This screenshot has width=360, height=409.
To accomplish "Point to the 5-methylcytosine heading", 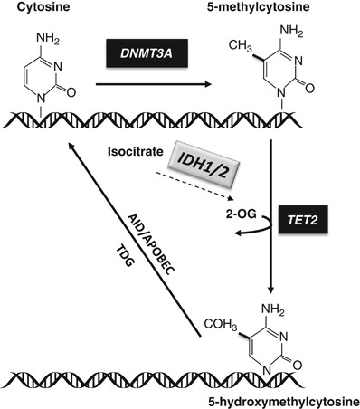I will pyautogui.click(x=285, y=8).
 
